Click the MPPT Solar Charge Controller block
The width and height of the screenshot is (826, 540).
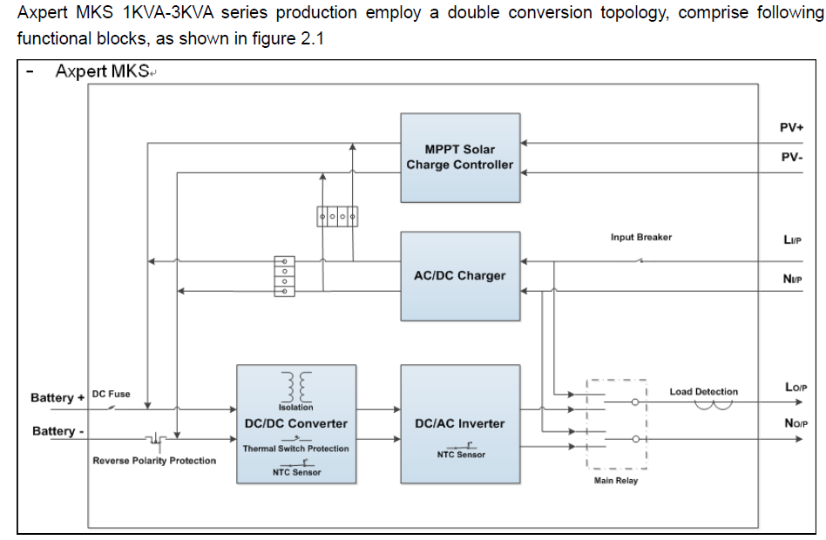(x=460, y=157)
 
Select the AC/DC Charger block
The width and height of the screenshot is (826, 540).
(x=460, y=275)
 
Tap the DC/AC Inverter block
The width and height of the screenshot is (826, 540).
(x=460, y=423)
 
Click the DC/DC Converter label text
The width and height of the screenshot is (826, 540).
(x=296, y=423)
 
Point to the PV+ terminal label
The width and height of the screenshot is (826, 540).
(x=791, y=127)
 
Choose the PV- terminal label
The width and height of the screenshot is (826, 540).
(x=791, y=158)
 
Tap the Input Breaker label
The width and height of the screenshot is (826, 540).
(x=641, y=237)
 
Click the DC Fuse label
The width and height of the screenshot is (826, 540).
(x=111, y=394)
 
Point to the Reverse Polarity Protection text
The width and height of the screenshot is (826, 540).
(x=154, y=461)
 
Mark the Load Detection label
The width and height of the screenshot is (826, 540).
(x=703, y=392)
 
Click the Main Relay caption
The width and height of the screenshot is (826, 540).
(x=616, y=481)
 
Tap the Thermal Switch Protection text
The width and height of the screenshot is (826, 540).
(x=295, y=449)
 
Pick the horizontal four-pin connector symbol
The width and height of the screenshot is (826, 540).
(x=338, y=214)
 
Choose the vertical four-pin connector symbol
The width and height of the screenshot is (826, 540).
(x=283, y=276)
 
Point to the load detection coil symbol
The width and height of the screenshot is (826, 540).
(x=713, y=402)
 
